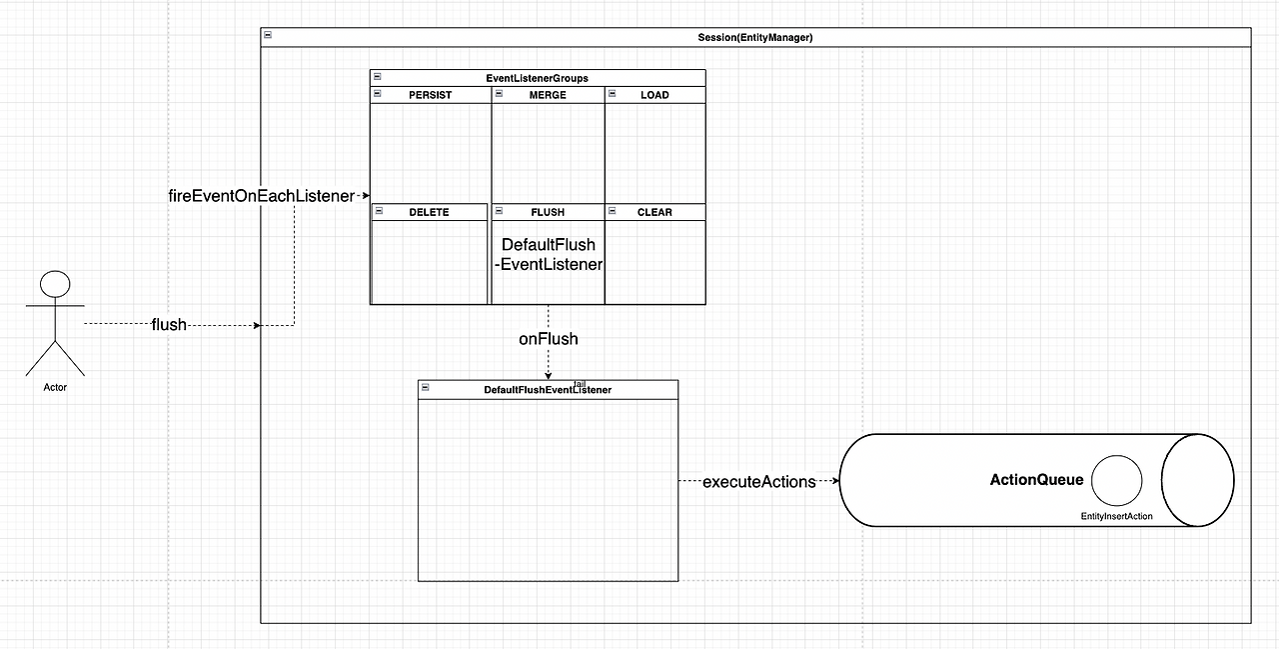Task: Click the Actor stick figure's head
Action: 55,284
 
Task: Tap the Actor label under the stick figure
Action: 55,387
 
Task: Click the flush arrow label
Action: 169,325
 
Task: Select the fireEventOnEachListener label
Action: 261,196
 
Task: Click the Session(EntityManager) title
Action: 754,38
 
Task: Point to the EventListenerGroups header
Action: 537,78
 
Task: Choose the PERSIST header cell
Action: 430,95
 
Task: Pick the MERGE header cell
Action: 548,95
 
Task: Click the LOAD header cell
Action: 654,95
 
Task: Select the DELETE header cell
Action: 429,212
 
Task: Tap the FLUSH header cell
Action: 548,212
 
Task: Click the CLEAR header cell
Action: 654,212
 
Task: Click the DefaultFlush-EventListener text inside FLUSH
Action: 548,254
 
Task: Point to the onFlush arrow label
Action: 548,339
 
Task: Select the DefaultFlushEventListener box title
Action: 547,390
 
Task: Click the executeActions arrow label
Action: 759,481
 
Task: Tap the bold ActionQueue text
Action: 1036,480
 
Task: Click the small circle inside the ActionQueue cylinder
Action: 1116,481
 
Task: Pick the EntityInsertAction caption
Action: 1116,516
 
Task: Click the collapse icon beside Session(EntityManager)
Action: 268,36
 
